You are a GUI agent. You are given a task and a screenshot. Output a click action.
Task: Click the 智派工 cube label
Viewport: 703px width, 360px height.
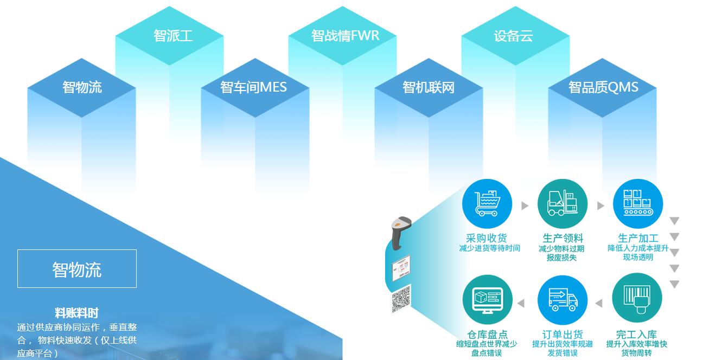[173, 35]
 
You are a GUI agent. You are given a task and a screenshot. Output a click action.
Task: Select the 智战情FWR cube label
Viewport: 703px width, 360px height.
[345, 35]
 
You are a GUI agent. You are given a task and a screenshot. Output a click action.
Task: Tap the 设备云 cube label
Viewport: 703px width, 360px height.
[514, 36]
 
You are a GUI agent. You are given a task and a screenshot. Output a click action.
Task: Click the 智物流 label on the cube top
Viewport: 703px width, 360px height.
[82, 87]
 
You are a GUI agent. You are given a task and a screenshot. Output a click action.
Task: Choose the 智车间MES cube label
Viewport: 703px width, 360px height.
[253, 87]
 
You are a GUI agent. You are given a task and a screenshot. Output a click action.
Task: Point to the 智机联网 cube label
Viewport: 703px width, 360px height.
[429, 87]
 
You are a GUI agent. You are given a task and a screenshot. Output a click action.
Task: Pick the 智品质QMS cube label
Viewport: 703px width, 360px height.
[603, 87]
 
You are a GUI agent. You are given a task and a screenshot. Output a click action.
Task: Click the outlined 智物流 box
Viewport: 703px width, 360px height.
[77, 269]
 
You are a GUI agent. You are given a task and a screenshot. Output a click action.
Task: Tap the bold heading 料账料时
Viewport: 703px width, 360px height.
[76, 313]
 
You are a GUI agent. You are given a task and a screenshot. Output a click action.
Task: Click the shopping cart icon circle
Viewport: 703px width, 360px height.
[487, 203]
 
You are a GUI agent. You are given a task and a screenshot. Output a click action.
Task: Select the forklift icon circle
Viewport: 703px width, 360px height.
[563, 203]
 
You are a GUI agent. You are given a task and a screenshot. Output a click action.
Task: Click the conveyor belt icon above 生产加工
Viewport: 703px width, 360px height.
[638, 203]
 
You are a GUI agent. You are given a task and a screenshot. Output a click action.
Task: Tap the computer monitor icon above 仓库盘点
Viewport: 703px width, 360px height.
[488, 300]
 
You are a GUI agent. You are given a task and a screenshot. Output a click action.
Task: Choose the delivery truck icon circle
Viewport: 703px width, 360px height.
[563, 300]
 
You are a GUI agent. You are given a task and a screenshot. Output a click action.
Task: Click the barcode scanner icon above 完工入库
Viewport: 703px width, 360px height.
[637, 298]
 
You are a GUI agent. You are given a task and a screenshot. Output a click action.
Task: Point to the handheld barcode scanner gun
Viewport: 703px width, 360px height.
[400, 232]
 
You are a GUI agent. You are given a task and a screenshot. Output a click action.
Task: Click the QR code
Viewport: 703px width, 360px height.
[401, 299]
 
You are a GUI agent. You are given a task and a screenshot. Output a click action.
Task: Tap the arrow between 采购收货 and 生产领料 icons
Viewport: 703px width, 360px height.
[525, 205]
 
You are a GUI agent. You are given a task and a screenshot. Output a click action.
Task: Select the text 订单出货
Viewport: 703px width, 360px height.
[563, 335]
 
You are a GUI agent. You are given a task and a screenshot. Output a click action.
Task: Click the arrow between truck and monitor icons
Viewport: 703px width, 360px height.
[521, 303]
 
